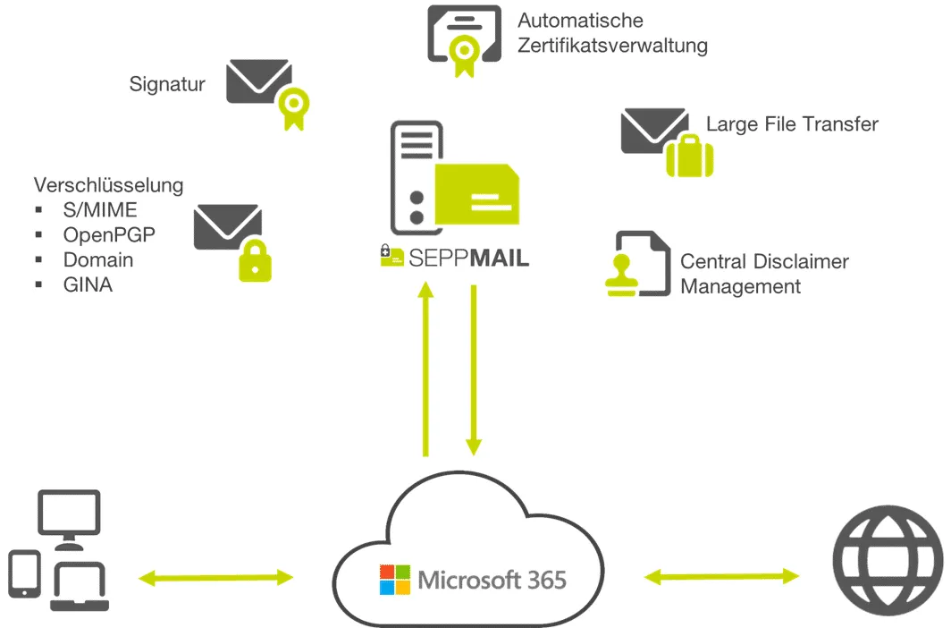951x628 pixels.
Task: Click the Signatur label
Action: (167, 85)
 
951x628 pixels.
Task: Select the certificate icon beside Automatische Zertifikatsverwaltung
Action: (463, 39)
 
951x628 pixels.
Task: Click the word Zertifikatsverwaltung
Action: (612, 46)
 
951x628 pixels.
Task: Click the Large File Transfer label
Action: (792, 124)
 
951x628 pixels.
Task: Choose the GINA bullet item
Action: (88, 285)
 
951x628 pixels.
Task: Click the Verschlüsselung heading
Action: (109, 185)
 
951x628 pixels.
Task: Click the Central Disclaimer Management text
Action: (763, 274)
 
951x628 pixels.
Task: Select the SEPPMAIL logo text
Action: (467, 258)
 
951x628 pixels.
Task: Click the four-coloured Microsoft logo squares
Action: (394, 580)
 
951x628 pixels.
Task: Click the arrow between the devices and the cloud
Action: (215, 578)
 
